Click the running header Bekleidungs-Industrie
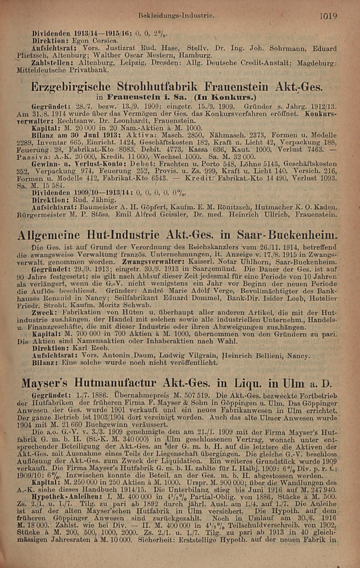[x=176, y=16]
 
